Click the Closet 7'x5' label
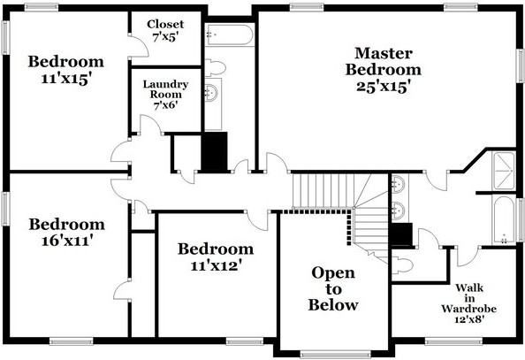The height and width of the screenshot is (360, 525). click(166, 31)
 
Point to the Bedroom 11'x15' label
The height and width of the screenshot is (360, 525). click(66, 70)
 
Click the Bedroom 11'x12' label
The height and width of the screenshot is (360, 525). click(215, 257)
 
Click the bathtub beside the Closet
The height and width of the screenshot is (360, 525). click(230, 35)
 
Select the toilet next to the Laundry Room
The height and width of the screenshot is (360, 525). click(216, 69)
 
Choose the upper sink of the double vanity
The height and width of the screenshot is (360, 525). click(399, 185)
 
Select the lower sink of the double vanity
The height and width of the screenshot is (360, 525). click(399, 210)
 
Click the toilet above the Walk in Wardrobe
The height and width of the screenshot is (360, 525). click(403, 263)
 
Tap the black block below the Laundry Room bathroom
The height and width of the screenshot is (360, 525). click(215, 151)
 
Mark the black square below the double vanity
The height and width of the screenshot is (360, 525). click(400, 234)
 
